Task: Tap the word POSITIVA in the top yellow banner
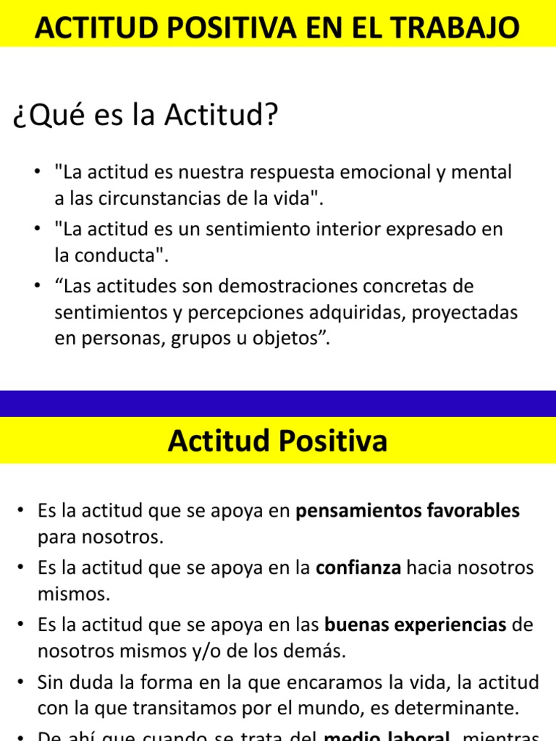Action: click(222, 29)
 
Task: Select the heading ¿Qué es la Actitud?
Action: click(146, 117)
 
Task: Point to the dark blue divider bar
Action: click(278, 403)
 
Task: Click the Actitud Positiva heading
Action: click(277, 441)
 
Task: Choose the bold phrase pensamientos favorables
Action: click(408, 511)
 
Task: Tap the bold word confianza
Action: click(359, 568)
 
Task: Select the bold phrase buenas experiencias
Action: click(416, 624)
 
